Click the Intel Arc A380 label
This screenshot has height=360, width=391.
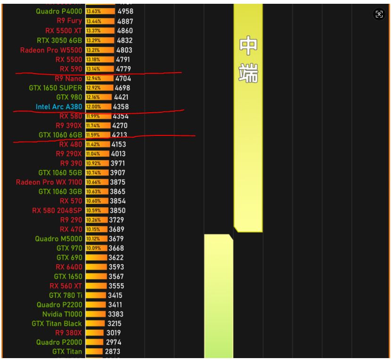pyautogui.click(x=58, y=107)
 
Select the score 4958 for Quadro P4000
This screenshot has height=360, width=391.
pyautogui.click(x=125, y=11)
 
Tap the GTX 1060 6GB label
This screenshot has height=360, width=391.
pyautogui.click(x=60, y=135)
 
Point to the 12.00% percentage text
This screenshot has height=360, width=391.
pyautogui.click(x=93, y=107)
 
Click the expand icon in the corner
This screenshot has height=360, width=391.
pyautogui.click(x=379, y=14)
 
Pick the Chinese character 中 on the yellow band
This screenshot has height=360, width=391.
pyautogui.click(x=248, y=46)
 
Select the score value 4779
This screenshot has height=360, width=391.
pyautogui.click(x=123, y=69)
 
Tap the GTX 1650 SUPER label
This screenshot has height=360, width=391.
pyautogui.click(x=55, y=88)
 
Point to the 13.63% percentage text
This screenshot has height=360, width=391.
pyautogui.click(x=93, y=11)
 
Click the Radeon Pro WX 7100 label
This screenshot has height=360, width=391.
pyautogui.click(x=49, y=182)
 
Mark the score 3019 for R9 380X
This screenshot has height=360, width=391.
pyautogui.click(x=114, y=333)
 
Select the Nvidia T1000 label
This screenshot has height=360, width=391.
pyautogui.click(x=62, y=314)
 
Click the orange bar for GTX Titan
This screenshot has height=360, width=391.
pyautogui.click(x=94, y=352)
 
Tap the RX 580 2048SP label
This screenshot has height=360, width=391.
pyautogui.click(x=57, y=210)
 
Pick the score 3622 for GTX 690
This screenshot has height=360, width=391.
pyautogui.click(x=116, y=258)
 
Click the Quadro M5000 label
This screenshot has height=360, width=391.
pyautogui.click(x=58, y=239)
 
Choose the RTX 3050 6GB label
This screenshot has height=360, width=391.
pyautogui.click(x=59, y=41)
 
